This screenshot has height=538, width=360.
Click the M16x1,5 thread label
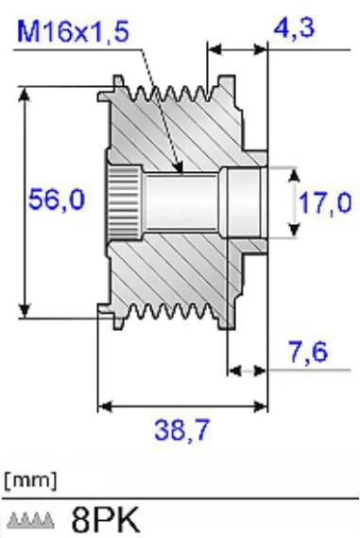coord(73,31)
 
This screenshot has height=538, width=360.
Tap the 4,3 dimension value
coord(294,28)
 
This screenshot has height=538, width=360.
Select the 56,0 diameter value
coord(57,200)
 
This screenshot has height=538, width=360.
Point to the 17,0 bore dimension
coord(325,203)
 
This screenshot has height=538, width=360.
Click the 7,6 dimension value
coord(308,352)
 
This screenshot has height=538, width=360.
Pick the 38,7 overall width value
coord(181,429)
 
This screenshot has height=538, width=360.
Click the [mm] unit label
coord(30,480)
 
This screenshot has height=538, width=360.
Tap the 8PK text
coord(106,519)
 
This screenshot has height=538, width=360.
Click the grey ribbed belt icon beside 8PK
coord(31,520)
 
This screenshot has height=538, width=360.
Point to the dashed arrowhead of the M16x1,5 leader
coord(179,167)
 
